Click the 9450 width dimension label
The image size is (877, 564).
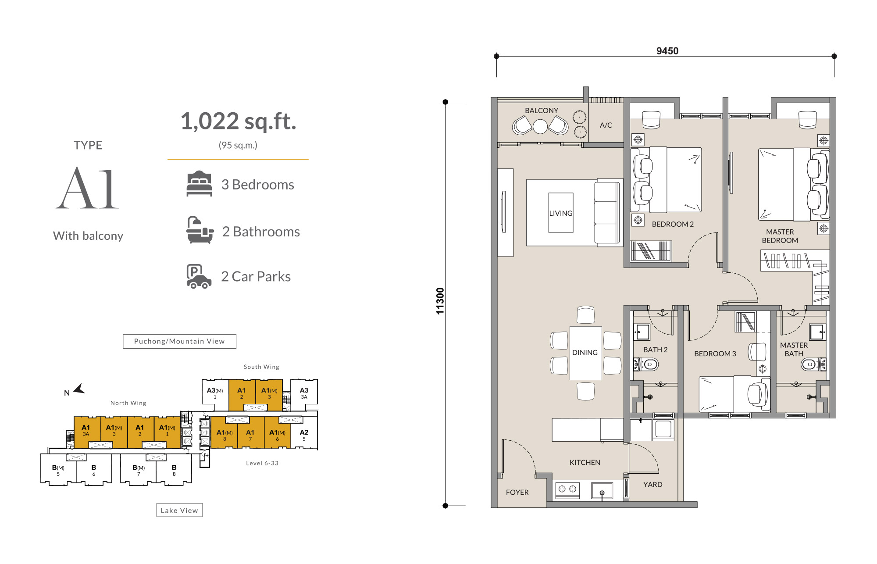pos(667,51)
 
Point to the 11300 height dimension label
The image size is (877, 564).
pos(440,301)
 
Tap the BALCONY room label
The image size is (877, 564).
pos(542,111)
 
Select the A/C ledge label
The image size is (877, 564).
pos(606,125)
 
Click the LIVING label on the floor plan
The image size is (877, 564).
pos(561,213)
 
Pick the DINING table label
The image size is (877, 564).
pos(585,352)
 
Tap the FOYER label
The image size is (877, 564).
pos(517,492)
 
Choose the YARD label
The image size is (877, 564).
pos(652,484)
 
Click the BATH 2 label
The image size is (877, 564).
pos(655,350)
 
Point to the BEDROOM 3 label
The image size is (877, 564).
pos(715,353)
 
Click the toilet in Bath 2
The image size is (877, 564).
pos(646,364)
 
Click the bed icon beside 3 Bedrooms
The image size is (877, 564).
pos(199,183)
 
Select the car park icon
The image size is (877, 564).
pos(199,276)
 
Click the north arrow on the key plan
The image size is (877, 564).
pos(79,389)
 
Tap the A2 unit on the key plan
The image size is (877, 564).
pos(304,435)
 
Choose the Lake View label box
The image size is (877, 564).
pos(179,510)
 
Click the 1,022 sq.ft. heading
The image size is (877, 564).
pos(239,121)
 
